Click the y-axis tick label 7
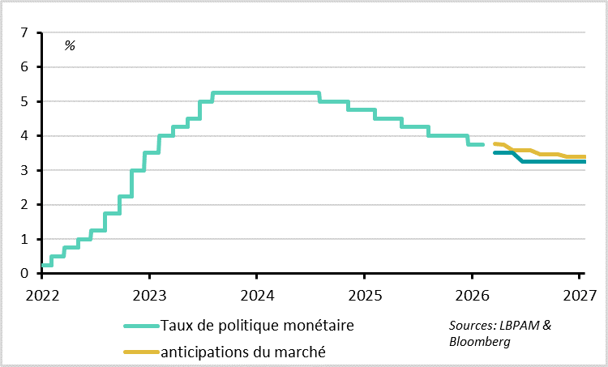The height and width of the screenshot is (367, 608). (x=25, y=33)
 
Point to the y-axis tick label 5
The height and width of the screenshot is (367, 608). (x=25, y=102)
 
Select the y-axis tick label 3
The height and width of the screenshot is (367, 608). (x=25, y=171)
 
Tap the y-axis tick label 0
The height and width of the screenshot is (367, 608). (x=25, y=274)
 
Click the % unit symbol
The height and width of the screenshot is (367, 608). (x=70, y=45)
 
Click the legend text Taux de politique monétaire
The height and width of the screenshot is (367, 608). (x=258, y=326)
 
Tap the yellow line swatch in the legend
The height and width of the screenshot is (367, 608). (x=141, y=352)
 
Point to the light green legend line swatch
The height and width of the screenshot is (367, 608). (x=141, y=326)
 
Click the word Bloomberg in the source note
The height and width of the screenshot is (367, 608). (x=479, y=341)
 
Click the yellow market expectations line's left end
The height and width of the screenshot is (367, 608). (x=495, y=144)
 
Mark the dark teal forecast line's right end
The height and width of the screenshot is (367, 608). (x=584, y=161)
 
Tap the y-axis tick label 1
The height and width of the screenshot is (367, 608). (x=25, y=240)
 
